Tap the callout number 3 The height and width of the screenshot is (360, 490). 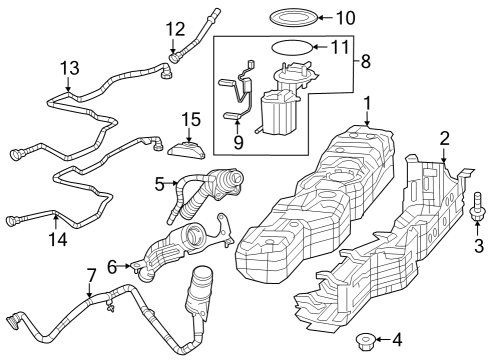click(477, 245)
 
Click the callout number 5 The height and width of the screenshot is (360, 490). click(159, 184)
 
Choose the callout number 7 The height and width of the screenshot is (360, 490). click(91, 275)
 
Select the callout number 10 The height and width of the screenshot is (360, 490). click(344, 18)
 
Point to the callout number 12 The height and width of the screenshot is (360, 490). click(176, 28)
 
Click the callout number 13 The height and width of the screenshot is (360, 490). click(68, 68)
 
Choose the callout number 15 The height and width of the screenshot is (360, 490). click(190, 120)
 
